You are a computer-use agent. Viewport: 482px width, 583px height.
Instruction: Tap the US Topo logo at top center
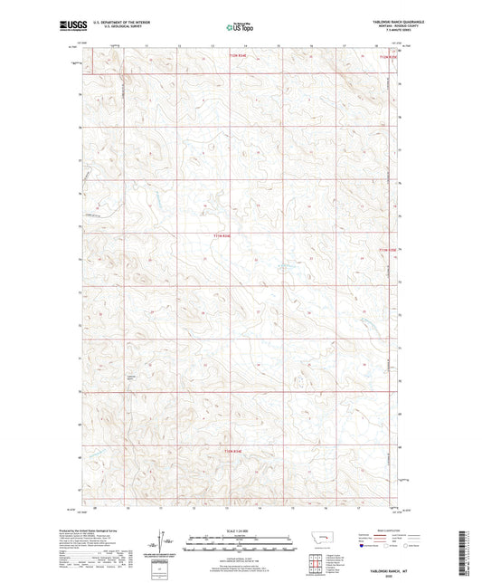pyautogui.click(x=240, y=27)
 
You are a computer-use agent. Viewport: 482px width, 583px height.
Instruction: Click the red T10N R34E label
pyautogui.click(x=233, y=450)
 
